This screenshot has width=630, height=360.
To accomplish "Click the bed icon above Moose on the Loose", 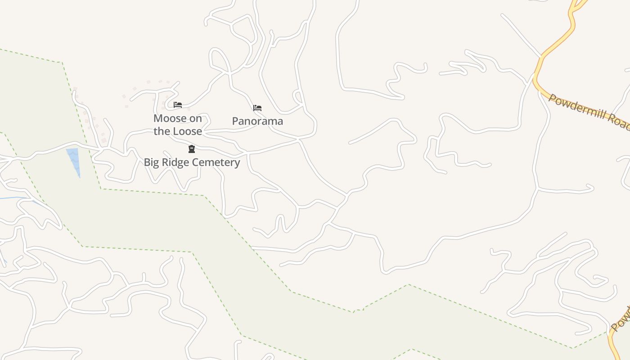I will [178, 105].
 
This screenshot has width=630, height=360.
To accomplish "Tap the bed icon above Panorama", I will [257, 108].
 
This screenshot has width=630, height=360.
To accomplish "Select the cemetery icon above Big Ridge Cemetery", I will [192, 149].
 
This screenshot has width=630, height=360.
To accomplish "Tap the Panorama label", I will [257, 121].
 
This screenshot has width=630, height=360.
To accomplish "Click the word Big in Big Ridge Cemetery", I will [151, 162].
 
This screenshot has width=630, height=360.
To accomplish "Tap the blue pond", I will [74, 160].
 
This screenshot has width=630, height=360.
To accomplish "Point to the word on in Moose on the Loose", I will [196, 118].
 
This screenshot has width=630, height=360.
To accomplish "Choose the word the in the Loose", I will [161, 131].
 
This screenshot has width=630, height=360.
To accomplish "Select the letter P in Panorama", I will [235, 121].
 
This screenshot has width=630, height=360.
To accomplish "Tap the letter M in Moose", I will [158, 118].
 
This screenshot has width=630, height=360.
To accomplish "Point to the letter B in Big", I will [147, 162].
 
